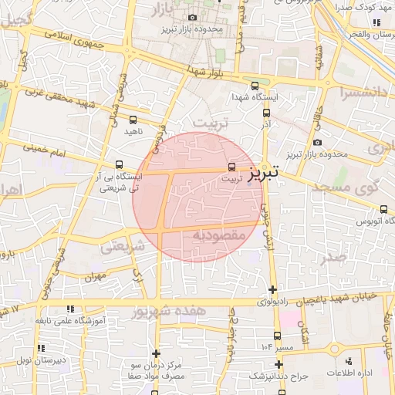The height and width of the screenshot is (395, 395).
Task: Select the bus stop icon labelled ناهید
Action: click(133, 120)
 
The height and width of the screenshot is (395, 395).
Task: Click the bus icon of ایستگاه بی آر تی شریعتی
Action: click(119, 164)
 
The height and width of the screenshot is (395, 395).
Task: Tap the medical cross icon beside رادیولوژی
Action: click(273, 290)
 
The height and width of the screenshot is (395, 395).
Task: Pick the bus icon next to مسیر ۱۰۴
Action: click(278, 336)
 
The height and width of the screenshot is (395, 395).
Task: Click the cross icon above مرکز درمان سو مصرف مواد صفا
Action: click(157, 353)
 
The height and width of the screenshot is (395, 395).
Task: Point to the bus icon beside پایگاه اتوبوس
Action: click(384, 208)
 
